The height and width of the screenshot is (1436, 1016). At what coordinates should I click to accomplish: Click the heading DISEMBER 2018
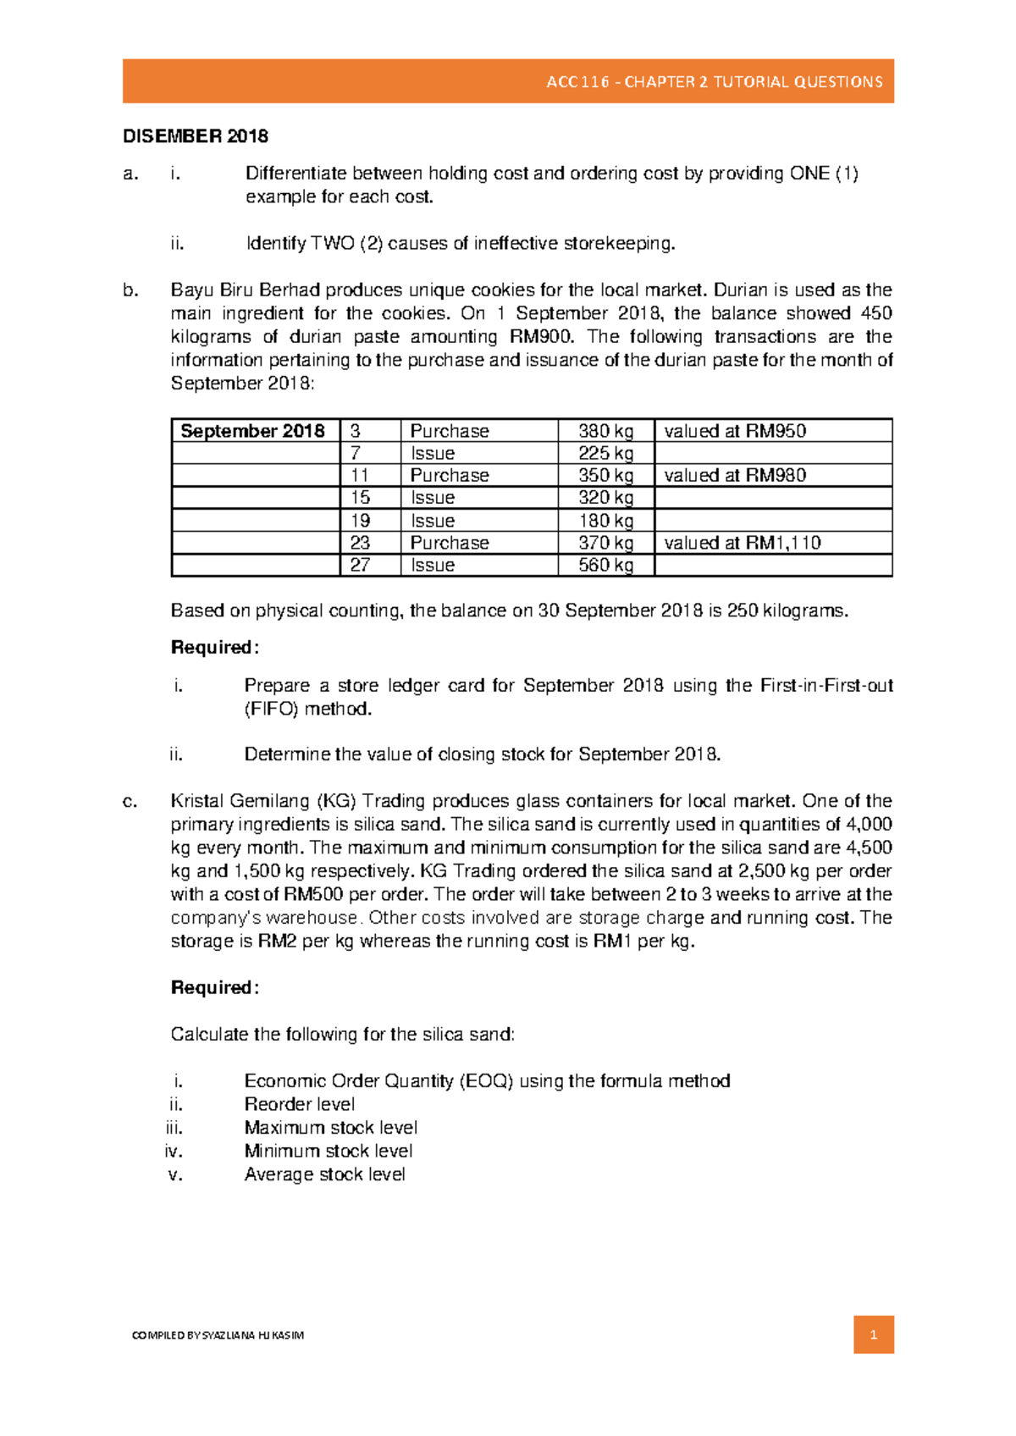click(x=196, y=136)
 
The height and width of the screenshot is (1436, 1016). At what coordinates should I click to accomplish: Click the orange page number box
click(x=873, y=1335)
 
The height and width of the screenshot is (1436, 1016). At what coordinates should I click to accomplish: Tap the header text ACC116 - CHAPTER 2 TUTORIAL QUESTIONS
click(x=714, y=82)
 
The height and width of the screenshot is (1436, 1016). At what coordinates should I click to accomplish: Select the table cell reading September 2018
click(x=252, y=431)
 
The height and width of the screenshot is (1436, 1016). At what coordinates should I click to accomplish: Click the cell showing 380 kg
click(x=605, y=431)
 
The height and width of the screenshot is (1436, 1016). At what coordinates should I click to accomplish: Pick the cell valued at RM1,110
click(x=743, y=543)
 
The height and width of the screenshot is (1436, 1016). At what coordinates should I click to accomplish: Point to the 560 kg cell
click(x=605, y=565)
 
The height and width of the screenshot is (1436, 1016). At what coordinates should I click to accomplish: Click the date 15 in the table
click(x=360, y=498)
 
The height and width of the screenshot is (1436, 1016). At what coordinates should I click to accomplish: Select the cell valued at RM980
click(x=735, y=476)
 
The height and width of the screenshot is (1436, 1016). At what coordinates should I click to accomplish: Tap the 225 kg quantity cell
click(x=605, y=454)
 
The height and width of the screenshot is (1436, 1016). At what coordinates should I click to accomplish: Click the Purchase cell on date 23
click(x=450, y=543)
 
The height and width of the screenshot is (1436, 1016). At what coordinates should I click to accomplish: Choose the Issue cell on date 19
click(x=433, y=521)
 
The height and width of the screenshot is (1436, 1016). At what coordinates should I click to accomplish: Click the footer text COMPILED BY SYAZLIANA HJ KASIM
click(x=218, y=1335)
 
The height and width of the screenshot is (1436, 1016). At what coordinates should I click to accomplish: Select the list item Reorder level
click(x=300, y=1104)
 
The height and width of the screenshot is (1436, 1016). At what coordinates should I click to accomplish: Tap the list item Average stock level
click(x=324, y=1174)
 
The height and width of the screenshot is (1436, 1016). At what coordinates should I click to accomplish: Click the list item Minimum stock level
click(x=329, y=1151)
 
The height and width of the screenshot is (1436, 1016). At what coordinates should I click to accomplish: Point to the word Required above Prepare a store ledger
click(x=213, y=648)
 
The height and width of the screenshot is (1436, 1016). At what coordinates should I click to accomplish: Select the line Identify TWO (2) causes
click(x=461, y=244)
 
